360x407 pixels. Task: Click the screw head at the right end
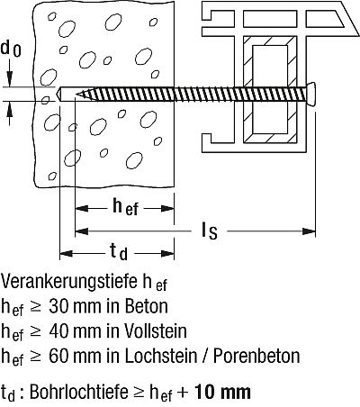tap(311, 94)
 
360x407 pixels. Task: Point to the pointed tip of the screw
tap(76, 95)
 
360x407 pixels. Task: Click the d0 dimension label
tap(11, 49)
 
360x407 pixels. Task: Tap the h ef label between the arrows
tap(125, 207)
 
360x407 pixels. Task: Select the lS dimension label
tap(209, 231)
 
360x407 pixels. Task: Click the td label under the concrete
tap(119, 251)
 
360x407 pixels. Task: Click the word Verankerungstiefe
tap(68, 281)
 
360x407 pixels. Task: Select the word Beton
tap(146, 306)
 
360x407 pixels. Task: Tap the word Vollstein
tap(156, 331)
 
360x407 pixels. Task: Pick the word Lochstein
tap(161, 356)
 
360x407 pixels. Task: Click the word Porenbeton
tap(256, 356)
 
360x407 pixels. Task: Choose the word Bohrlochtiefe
tap(77, 392)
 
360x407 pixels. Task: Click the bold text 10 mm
tap(222, 392)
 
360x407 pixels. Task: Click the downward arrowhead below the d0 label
tap(10, 79)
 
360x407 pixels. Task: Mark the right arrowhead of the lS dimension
tap(309, 231)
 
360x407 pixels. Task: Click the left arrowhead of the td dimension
tap(67, 254)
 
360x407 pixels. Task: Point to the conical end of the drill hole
tap(59, 94)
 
